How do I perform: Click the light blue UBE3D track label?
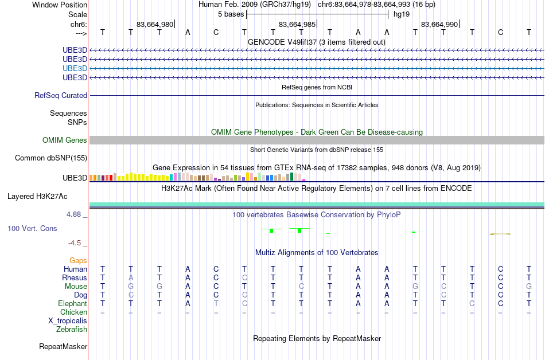pyautogui.click(x=75, y=68)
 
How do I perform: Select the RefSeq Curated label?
pyautogui.click(x=61, y=96)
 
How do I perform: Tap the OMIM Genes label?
pyautogui.click(x=65, y=140)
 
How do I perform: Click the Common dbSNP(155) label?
pyautogui.click(x=51, y=158)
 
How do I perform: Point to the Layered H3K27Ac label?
pyautogui.click(x=37, y=197)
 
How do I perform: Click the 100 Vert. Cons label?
pyautogui.click(x=32, y=228)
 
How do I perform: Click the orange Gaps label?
pyautogui.click(x=78, y=261)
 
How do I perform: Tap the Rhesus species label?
pyautogui.click(x=75, y=277)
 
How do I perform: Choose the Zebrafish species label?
pyautogui.click(x=72, y=330)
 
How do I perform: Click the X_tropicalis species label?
pyautogui.click(x=68, y=321)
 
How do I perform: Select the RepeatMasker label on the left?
pyautogui.click(x=63, y=346)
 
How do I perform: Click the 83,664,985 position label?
pyautogui.click(x=297, y=25)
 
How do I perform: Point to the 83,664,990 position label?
pyautogui.click(x=439, y=25)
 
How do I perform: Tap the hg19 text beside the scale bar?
pyautogui.click(x=402, y=14)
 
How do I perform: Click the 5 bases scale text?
pyautogui.click(x=231, y=14)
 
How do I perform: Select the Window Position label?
pyautogui.click(x=60, y=5)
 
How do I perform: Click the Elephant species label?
pyautogui.click(x=73, y=304)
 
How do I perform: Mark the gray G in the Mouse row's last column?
pyautogui.click(x=529, y=287)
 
